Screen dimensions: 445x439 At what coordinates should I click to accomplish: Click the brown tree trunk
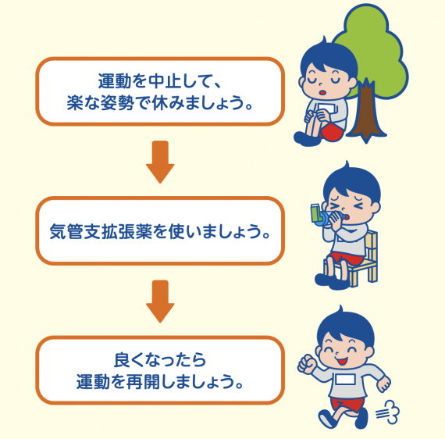point(366,113)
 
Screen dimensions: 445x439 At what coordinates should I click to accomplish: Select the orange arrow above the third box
point(160,302)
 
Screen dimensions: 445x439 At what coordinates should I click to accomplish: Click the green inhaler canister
point(315,212)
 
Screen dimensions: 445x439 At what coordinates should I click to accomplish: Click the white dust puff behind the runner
point(388,412)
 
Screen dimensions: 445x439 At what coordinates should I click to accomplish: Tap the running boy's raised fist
point(306,363)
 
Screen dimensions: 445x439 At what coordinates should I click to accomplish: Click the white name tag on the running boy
point(344,380)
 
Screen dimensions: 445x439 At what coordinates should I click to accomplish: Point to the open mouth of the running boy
point(342,362)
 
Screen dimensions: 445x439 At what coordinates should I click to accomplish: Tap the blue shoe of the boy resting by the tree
point(306,138)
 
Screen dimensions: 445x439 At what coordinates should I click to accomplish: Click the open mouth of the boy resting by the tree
point(323,93)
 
